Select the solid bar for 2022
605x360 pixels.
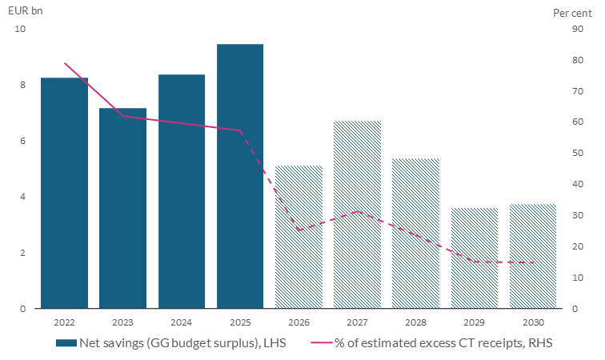64,193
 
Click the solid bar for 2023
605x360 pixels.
122,208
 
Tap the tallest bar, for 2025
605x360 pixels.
240,176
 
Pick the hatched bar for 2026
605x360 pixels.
298,237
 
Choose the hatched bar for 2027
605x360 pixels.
357,214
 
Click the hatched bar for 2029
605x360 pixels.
475,258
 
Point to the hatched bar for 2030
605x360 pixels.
533,256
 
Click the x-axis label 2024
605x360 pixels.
181,322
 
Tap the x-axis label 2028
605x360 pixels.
415,322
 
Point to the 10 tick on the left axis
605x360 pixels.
20,29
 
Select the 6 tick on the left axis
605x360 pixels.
22,141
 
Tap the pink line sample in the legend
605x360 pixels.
323,342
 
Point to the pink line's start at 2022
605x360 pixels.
64,63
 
